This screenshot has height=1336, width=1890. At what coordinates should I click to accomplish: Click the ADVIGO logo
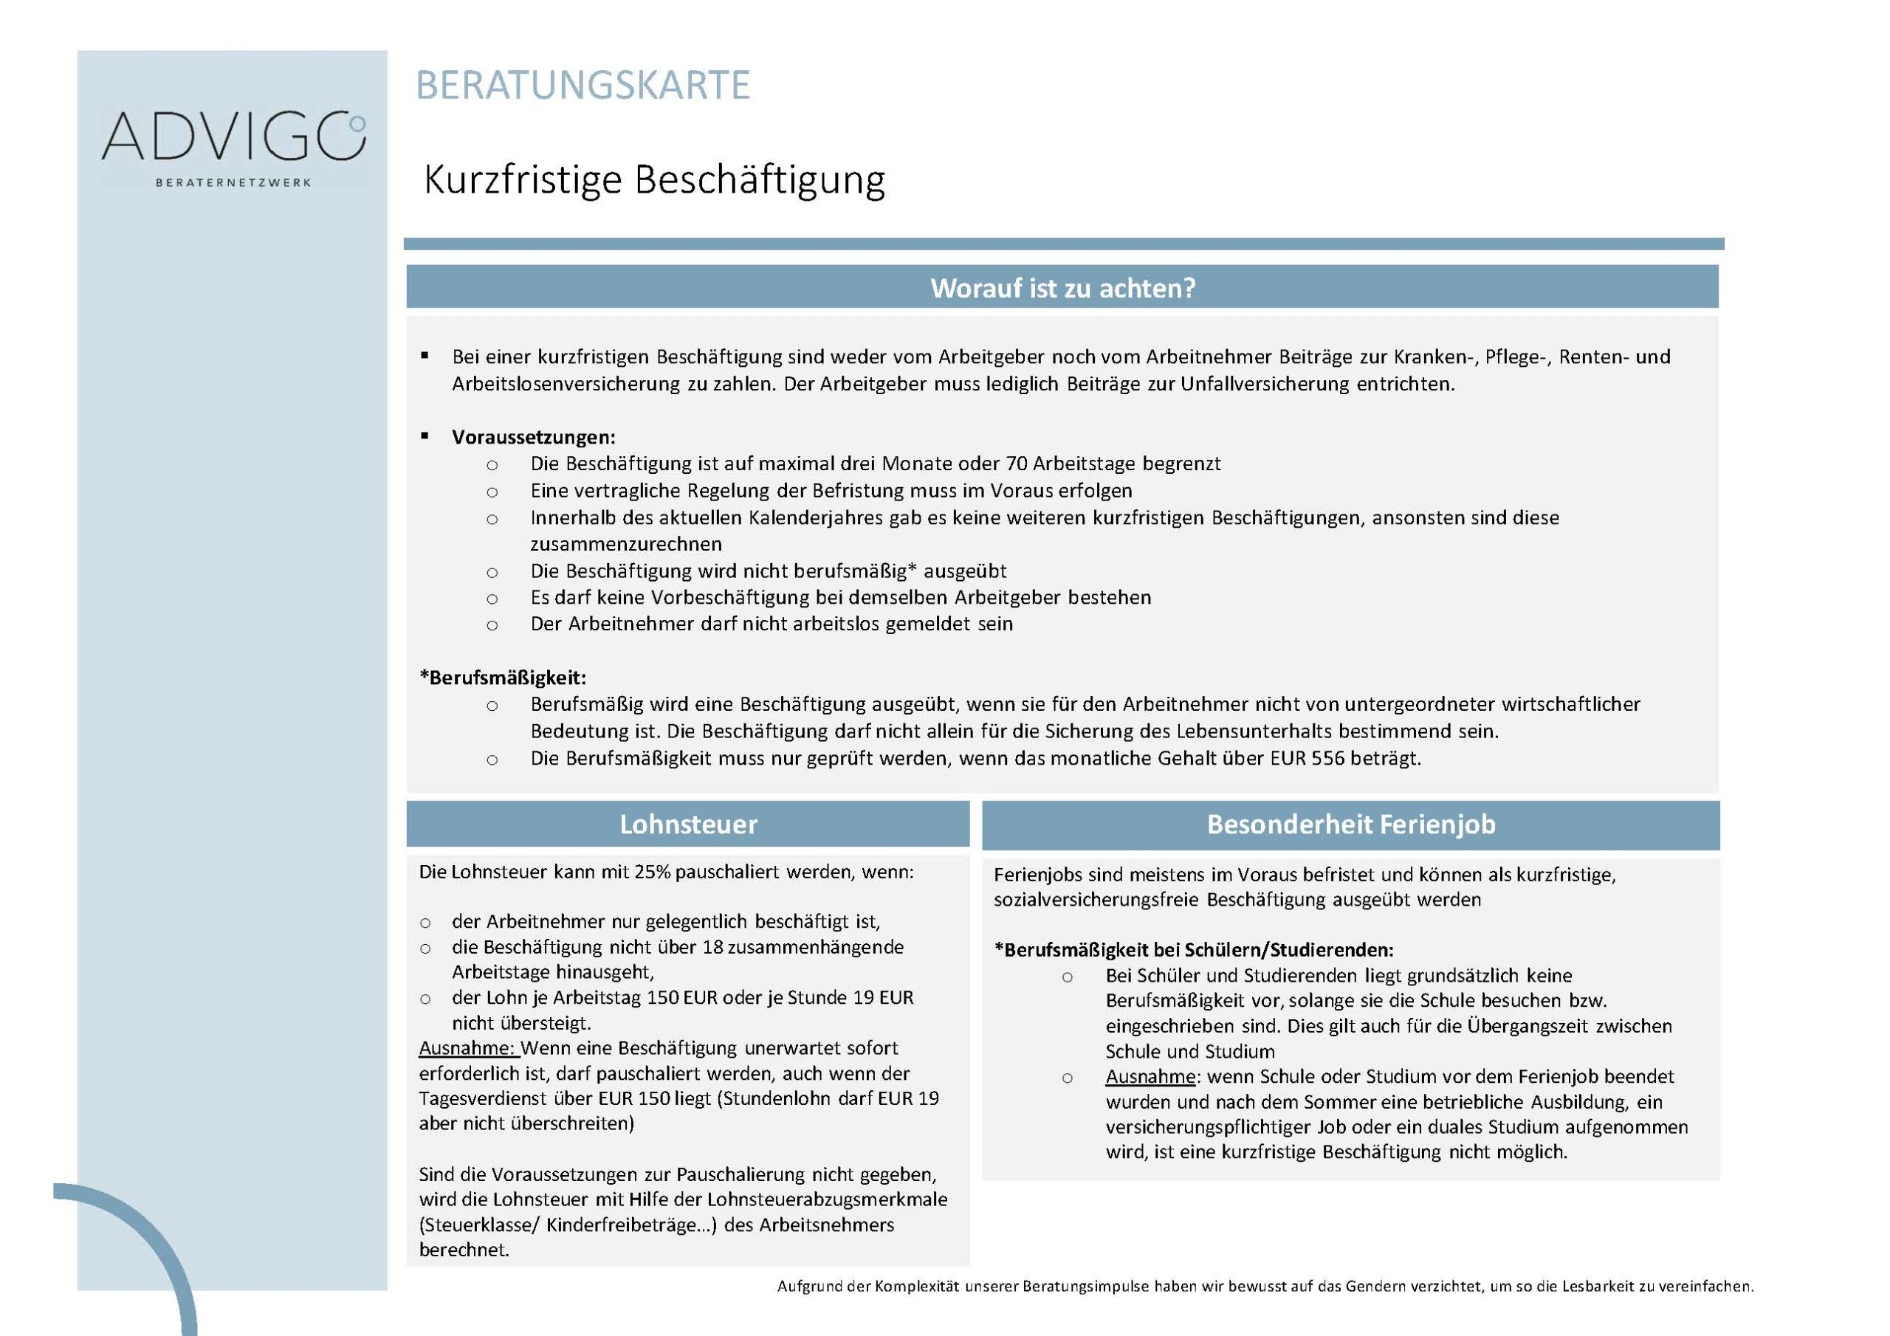pyautogui.click(x=234, y=137)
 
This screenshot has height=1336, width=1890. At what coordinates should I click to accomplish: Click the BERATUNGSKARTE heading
pyautogui.click(x=583, y=86)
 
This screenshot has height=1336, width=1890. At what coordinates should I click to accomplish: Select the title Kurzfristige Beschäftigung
pyautogui.click(x=653, y=180)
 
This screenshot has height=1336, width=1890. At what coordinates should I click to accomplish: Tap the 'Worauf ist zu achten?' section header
pyautogui.click(x=1062, y=288)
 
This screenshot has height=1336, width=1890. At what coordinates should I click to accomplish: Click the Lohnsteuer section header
pyautogui.click(x=688, y=824)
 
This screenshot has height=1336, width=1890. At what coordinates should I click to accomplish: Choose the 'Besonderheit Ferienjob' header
pyautogui.click(x=1351, y=824)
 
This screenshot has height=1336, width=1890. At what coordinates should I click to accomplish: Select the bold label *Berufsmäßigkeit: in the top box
pyautogui.click(x=503, y=678)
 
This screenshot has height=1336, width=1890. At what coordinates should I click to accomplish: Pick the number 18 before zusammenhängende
pyautogui.click(x=713, y=948)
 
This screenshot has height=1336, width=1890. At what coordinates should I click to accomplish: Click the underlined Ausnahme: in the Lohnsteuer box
pyautogui.click(x=467, y=1049)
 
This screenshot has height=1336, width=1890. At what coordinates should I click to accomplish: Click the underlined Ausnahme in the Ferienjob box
pyautogui.click(x=1150, y=1077)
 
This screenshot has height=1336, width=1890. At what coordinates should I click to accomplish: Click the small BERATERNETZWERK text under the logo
pyautogui.click(x=233, y=183)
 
